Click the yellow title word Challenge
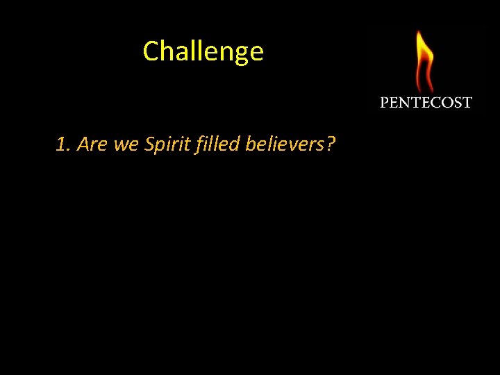[x=203, y=51]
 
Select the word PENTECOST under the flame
[x=426, y=103]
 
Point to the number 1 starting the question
[x=61, y=144]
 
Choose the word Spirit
[x=165, y=144]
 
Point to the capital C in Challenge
[x=151, y=51]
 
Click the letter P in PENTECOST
[x=385, y=103]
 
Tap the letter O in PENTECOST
[x=448, y=103]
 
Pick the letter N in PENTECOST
[x=405, y=103]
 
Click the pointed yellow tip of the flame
[x=419, y=32]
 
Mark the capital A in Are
[x=83, y=144]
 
